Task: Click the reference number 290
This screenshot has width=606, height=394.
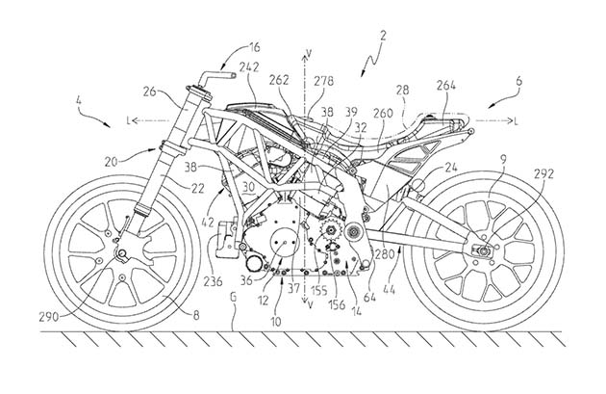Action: click(x=49, y=317)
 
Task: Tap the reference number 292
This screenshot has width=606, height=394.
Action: click(x=543, y=174)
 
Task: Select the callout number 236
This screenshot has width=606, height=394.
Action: click(x=213, y=281)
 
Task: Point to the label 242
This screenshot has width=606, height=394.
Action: click(x=249, y=67)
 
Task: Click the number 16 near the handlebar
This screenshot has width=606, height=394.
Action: click(x=255, y=47)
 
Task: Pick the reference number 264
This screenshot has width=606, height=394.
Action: click(x=446, y=85)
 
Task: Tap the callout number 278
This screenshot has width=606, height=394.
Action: click(x=323, y=81)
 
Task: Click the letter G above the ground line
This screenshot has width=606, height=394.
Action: click(x=233, y=298)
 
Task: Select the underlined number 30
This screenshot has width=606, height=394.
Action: click(x=249, y=186)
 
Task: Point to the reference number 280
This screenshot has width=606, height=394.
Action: click(x=385, y=254)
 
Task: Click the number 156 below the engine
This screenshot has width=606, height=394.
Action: click(x=337, y=304)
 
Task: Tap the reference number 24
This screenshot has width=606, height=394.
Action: click(x=450, y=168)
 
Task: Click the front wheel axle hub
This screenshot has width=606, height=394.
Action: click(x=122, y=254)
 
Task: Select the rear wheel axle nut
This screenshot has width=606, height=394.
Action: click(x=483, y=250)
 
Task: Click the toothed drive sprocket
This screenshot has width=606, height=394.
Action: click(x=331, y=230)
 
